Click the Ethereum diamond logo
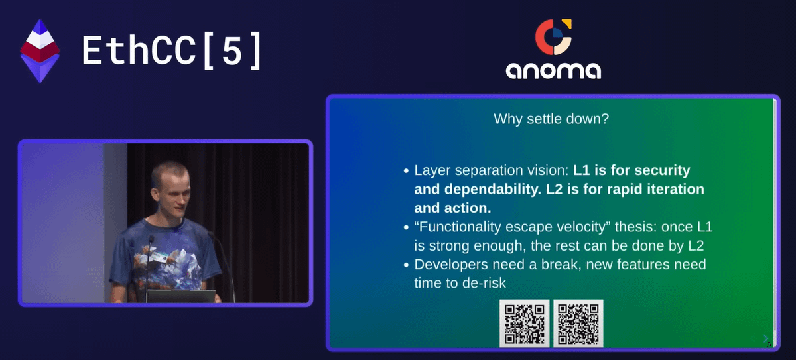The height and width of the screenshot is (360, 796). tap(40, 51)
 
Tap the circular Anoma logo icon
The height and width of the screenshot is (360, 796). tap(553, 37)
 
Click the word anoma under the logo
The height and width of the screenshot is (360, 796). tap(553, 70)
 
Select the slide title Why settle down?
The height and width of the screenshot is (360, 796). tap(551, 119)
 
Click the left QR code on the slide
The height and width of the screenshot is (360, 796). tap(525, 324)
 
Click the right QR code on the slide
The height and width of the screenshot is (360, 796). tap(578, 324)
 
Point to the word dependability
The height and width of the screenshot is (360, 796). tap(493, 189)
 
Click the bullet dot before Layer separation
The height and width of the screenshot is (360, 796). tap(406, 171)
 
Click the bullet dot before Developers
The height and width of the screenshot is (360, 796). tap(406, 265)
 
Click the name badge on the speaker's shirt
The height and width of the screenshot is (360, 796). tap(159, 257)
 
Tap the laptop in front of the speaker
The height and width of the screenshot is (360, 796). tap(181, 296)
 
